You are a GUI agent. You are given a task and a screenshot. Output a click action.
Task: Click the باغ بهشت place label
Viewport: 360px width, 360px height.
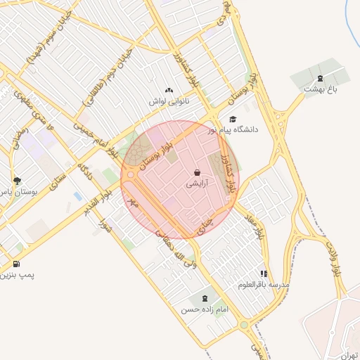[322, 89]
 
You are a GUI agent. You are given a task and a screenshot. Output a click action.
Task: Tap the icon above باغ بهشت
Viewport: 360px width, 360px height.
[321, 77]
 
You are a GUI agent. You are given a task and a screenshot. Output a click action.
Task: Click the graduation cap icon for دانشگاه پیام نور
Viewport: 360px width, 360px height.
[233, 119]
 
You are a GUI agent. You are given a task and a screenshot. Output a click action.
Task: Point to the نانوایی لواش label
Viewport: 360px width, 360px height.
[169, 101]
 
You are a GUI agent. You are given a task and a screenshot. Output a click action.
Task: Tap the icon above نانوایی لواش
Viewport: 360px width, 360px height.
[169, 90]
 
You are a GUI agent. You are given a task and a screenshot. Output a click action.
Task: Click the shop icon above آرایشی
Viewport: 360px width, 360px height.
[197, 172]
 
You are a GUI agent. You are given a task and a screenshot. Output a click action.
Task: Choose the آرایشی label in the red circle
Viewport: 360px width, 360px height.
[197, 184]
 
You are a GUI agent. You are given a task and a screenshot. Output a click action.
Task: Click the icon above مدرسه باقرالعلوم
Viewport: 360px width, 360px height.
[264, 274]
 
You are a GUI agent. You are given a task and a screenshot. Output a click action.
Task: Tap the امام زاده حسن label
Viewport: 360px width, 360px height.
[204, 309]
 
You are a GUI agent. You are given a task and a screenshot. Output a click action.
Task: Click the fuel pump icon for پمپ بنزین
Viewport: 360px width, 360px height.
[16, 264]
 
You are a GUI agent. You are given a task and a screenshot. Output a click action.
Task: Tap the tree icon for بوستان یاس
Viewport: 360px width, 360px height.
[17, 181]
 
